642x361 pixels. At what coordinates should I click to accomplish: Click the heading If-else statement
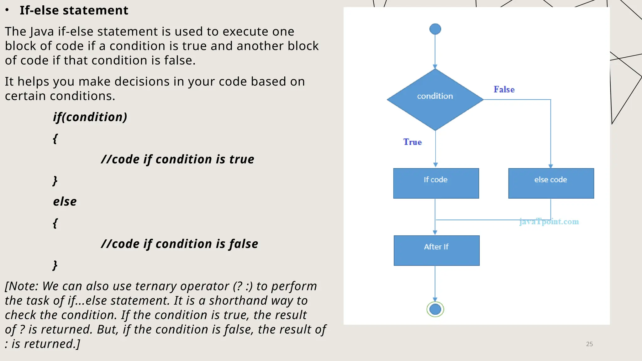(74, 10)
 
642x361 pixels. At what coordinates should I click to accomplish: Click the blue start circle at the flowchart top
(435, 29)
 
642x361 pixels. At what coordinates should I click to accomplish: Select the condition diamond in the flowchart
(435, 99)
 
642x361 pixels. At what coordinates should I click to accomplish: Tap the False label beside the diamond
(504, 90)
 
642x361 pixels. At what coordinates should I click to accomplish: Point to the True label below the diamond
(412, 142)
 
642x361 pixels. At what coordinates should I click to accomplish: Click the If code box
(436, 183)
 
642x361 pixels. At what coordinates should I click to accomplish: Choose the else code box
(551, 183)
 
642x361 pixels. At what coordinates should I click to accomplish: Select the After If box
(436, 250)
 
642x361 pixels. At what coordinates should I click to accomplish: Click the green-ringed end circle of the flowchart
(435, 309)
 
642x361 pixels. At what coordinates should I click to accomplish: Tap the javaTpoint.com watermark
(549, 222)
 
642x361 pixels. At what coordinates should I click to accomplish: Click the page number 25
(589, 344)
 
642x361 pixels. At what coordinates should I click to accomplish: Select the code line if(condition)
(90, 117)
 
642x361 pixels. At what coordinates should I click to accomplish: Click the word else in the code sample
(65, 201)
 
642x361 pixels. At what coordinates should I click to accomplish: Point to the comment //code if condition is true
(177, 160)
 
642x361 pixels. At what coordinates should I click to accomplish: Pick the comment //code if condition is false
(179, 244)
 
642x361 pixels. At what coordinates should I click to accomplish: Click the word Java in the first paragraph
(42, 32)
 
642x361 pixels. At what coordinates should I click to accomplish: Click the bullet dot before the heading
(7, 10)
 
